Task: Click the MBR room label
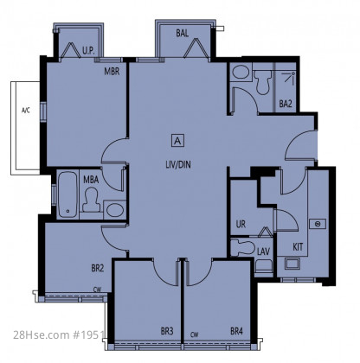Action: click(x=112, y=71)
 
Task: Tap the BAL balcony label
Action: click(x=183, y=33)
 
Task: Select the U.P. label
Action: click(x=88, y=51)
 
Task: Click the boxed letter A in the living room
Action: click(x=178, y=141)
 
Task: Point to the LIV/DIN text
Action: click(x=178, y=164)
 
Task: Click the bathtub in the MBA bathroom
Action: click(x=67, y=194)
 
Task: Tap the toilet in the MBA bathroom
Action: click(x=92, y=201)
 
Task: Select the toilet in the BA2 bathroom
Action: click(x=262, y=82)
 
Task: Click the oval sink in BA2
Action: click(x=241, y=72)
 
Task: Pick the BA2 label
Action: click(x=286, y=104)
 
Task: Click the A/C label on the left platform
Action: click(x=26, y=110)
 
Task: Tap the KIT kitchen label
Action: click(x=298, y=247)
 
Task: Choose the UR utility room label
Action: click(x=241, y=224)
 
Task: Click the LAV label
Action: click(x=263, y=252)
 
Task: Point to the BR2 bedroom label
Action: click(x=98, y=268)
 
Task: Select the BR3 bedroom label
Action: click(x=167, y=331)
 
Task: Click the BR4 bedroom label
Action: click(x=236, y=331)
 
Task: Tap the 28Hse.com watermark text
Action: click(x=42, y=334)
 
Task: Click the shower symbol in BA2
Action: click(x=288, y=77)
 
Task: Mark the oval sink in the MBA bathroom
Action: click(x=115, y=209)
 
